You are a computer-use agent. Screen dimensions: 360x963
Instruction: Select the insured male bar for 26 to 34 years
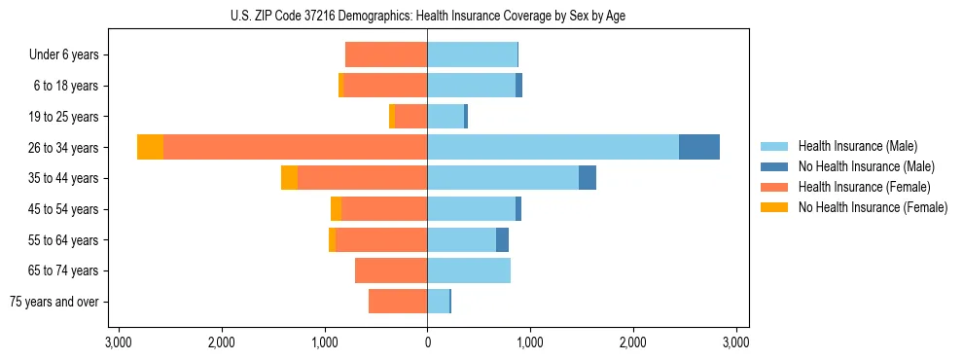[x=553, y=147]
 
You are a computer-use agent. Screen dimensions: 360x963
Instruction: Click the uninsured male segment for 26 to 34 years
[x=698, y=147]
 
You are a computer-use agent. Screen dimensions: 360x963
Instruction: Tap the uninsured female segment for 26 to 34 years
[x=150, y=147]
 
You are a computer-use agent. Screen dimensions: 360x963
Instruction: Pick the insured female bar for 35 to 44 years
[x=362, y=178]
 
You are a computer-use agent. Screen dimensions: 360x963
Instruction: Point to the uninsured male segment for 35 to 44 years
[x=587, y=178]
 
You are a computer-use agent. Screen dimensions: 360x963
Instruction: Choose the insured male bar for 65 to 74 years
[x=469, y=270]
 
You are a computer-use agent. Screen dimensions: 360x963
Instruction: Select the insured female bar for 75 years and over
[x=398, y=302]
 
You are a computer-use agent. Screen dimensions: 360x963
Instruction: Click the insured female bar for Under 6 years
[x=386, y=54]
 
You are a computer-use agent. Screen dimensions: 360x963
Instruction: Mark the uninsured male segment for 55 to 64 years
[x=502, y=239]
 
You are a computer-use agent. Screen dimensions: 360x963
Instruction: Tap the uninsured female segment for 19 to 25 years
[x=392, y=117]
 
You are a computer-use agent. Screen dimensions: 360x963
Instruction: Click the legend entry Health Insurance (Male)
[x=857, y=146]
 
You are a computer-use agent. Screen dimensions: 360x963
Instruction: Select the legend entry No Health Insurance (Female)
[x=873, y=207]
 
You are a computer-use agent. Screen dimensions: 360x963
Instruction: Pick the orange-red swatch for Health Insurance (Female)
[x=773, y=187]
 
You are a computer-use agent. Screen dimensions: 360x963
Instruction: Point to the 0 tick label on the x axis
[x=427, y=342]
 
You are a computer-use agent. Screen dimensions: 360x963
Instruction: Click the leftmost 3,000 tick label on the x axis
[x=118, y=342]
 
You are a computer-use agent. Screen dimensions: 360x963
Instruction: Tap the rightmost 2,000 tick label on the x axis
[x=633, y=342]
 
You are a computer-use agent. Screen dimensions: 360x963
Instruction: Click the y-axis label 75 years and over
[x=53, y=302]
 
